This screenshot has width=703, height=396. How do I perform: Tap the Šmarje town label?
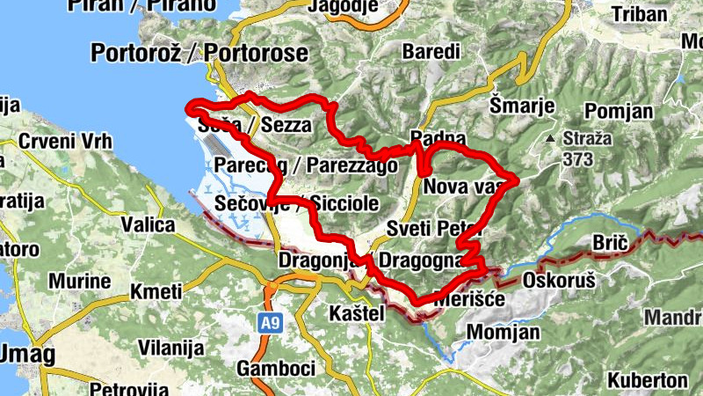click(x=522, y=106)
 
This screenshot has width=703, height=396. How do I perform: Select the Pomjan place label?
click(x=619, y=111)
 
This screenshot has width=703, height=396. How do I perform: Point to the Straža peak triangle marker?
click(x=549, y=139)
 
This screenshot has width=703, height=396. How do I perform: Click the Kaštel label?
click(x=355, y=313)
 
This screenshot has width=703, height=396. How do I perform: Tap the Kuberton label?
click(x=646, y=380)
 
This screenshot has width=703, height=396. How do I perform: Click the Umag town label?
click(x=26, y=356)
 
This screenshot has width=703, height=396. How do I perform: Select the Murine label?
click(x=79, y=282)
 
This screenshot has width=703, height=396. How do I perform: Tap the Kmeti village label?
click(x=155, y=291)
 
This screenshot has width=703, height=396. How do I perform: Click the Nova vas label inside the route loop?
click(x=460, y=187)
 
